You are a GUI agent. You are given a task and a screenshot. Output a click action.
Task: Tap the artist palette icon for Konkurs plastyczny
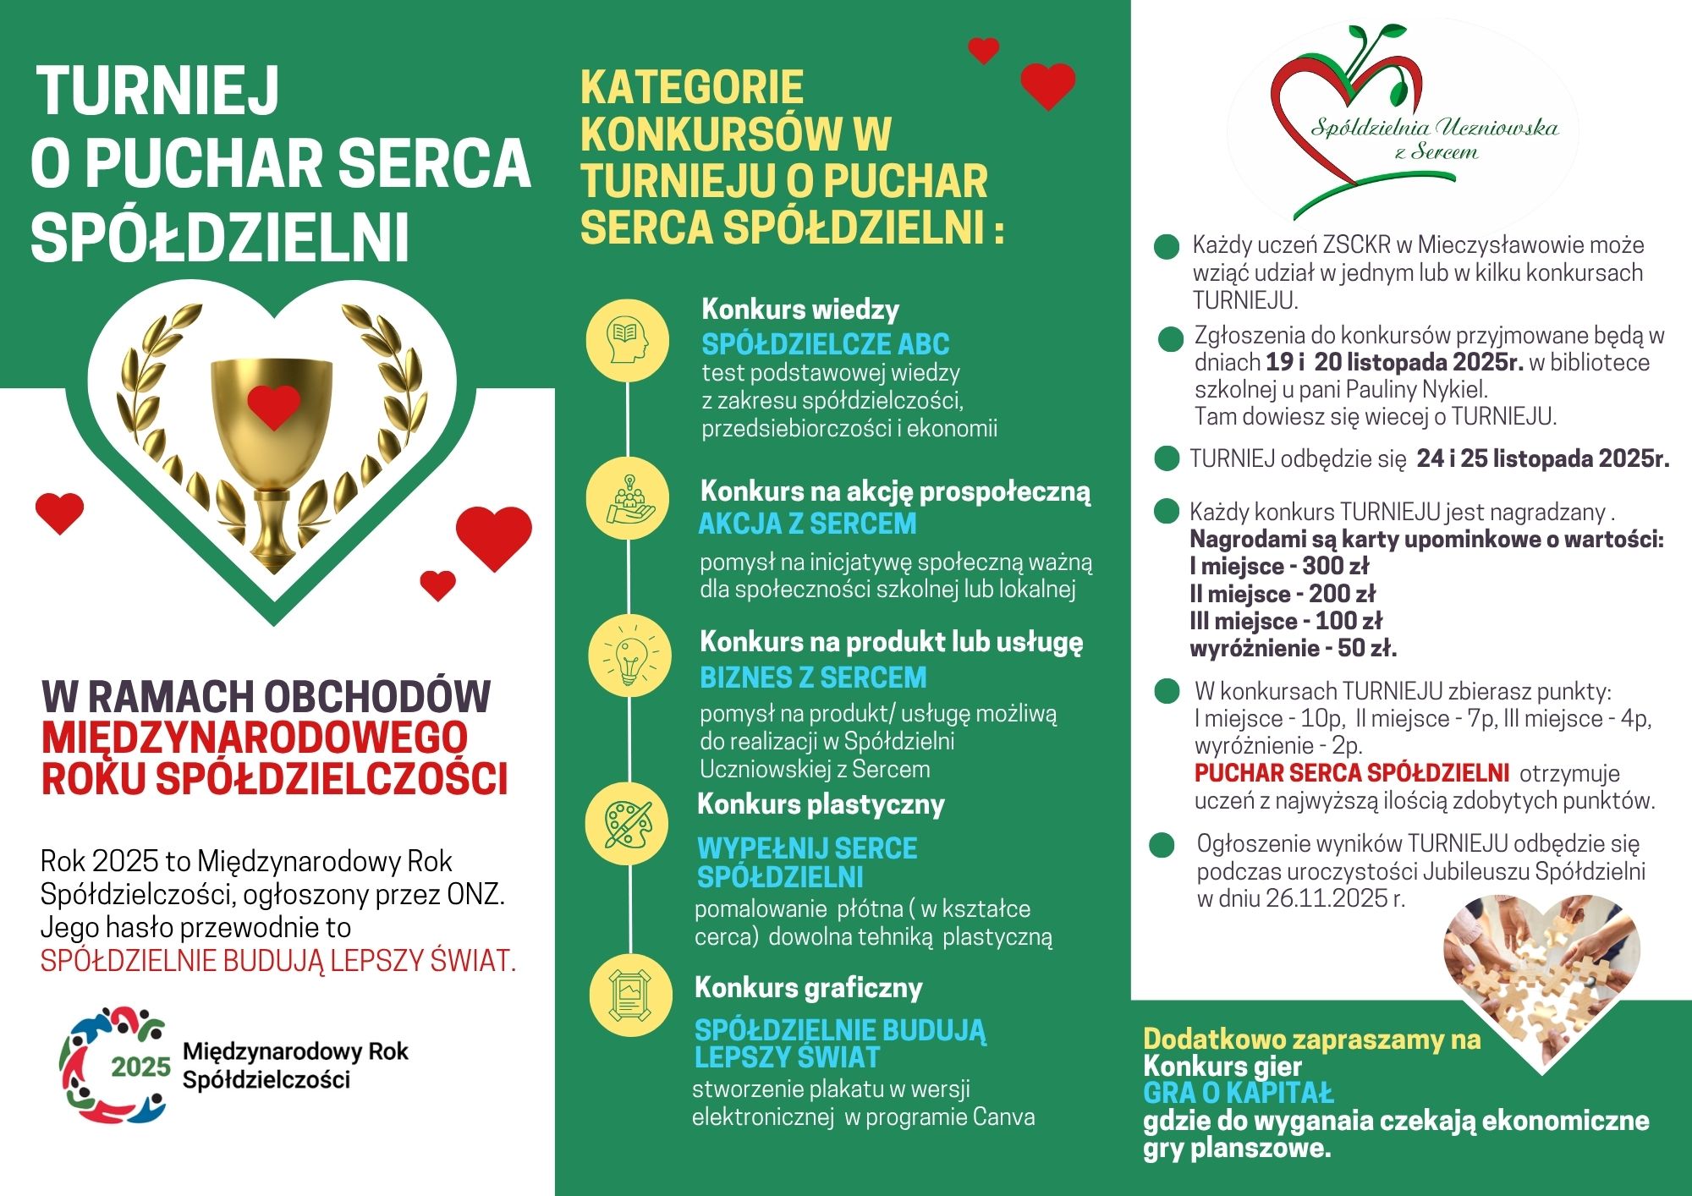pyautogui.click(x=628, y=824)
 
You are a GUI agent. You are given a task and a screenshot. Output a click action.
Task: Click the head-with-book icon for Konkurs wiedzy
pyautogui.click(x=628, y=340)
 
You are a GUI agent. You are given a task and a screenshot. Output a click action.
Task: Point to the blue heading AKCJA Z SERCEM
pyautogui.click(x=807, y=524)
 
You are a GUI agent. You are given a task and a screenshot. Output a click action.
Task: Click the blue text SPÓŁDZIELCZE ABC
pyautogui.click(x=825, y=344)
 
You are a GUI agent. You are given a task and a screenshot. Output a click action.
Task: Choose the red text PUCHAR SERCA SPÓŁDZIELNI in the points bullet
pyautogui.click(x=1351, y=773)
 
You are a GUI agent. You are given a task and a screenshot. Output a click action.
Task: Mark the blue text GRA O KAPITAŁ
pyautogui.click(x=1238, y=1093)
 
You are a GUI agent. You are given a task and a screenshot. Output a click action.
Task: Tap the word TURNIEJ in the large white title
pyautogui.click(x=158, y=91)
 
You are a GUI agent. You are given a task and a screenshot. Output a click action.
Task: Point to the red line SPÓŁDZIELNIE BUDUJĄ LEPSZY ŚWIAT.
pyautogui.click(x=278, y=961)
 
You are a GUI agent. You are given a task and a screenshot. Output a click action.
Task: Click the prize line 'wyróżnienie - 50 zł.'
pyautogui.click(x=1293, y=649)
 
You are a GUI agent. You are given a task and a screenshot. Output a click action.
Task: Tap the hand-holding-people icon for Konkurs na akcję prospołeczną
pyautogui.click(x=628, y=499)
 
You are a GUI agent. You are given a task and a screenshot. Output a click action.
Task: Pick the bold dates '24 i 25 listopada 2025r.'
pyautogui.click(x=1543, y=458)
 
